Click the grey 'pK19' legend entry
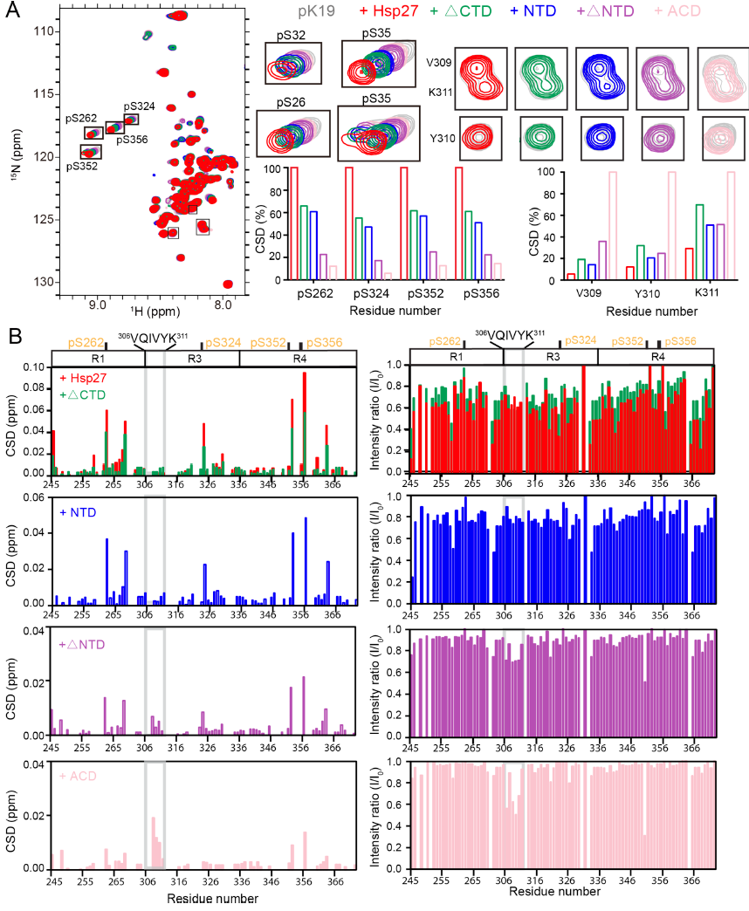[x=324, y=11]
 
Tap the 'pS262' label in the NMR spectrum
[x=83, y=118]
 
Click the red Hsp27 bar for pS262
[x=293, y=223]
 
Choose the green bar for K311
[x=699, y=243]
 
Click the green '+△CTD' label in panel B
[x=84, y=395]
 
